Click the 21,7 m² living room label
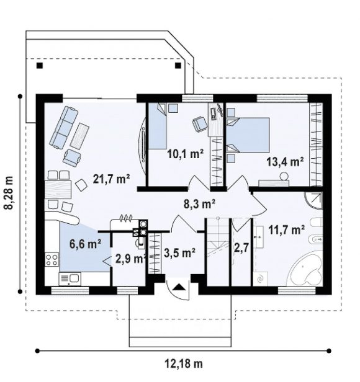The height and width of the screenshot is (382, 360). [111, 179]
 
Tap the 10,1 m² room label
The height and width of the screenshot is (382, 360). [186, 154]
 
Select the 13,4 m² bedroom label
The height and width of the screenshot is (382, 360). [285, 161]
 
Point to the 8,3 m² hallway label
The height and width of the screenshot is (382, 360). [199, 204]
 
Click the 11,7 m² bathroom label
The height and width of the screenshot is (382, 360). [286, 229]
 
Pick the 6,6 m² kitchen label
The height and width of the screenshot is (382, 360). [86, 244]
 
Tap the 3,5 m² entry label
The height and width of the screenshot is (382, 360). [179, 253]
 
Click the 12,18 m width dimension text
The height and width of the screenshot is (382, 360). [184, 364]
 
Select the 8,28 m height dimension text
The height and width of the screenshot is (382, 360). [9, 193]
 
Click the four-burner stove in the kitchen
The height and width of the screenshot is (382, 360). [52, 259]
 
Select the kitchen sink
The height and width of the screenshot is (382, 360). [70, 278]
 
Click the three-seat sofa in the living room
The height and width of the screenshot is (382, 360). [64, 127]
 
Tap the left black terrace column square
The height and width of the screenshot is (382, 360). [40, 65]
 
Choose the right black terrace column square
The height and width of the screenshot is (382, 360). [178, 65]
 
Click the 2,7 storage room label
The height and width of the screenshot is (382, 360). [241, 248]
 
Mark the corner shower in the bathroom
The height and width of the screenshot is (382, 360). [315, 201]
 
